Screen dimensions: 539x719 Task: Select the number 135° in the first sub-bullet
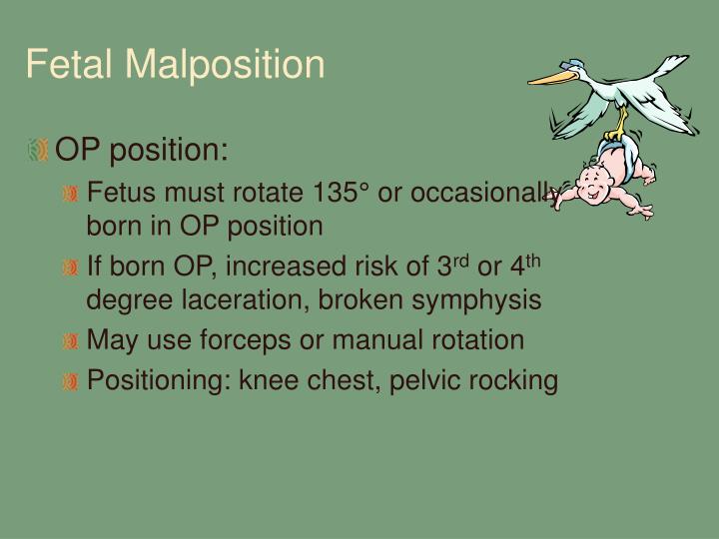pyautogui.click(x=340, y=194)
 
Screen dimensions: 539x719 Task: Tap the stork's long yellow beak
pyautogui.click(x=555, y=77)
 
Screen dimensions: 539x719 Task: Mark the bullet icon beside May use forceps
pyautogui.click(x=70, y=341)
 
